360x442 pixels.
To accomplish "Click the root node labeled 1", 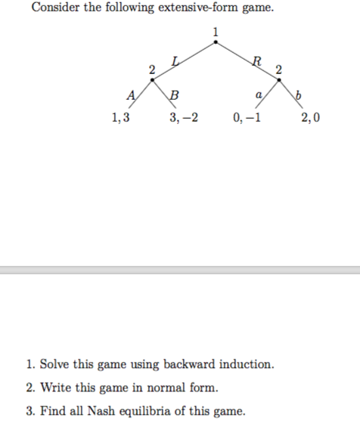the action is [216, 41].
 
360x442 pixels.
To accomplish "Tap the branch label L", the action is [176, 59].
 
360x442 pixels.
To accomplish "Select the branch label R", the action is [258, 60].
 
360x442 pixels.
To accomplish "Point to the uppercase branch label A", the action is [132, 94].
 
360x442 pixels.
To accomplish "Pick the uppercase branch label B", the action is [175, 95].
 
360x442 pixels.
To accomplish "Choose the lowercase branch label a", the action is [258, 95].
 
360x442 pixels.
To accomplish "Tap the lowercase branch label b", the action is [299, 95].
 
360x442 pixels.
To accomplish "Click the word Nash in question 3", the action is [105, 411].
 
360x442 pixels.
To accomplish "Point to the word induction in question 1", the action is [244, 364].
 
